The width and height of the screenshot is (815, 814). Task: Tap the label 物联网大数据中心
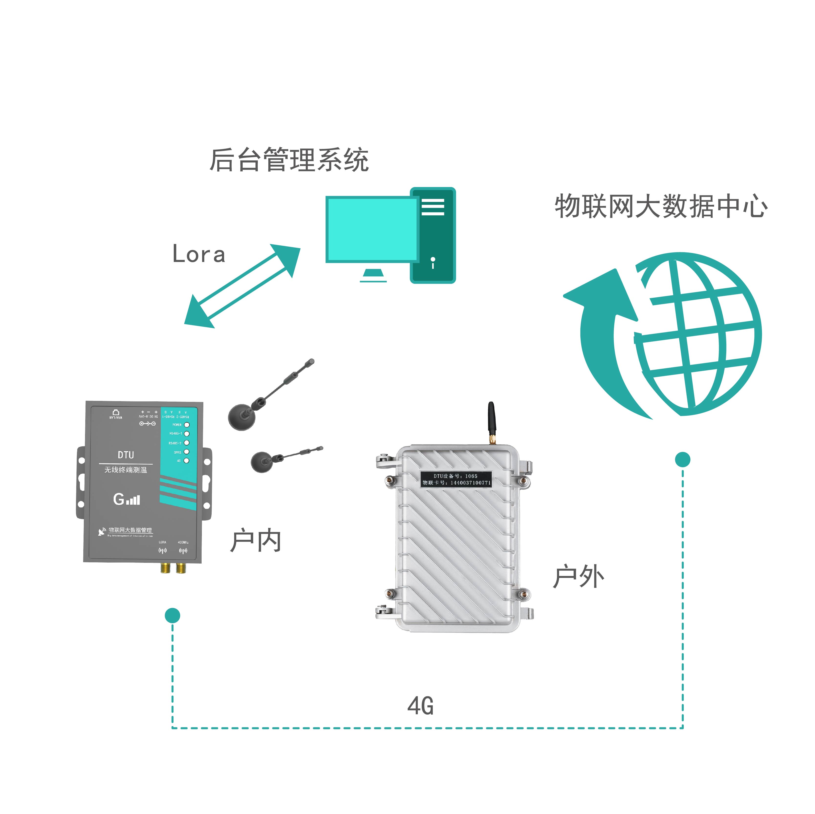(661, 207)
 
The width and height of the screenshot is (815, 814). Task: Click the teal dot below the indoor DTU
(172, 616)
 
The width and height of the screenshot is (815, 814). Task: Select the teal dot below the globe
(683, 459)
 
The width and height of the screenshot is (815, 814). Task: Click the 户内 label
(256, 541)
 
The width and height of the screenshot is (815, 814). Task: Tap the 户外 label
(578, 577)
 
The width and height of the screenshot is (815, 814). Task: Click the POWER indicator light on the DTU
(187, 425)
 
